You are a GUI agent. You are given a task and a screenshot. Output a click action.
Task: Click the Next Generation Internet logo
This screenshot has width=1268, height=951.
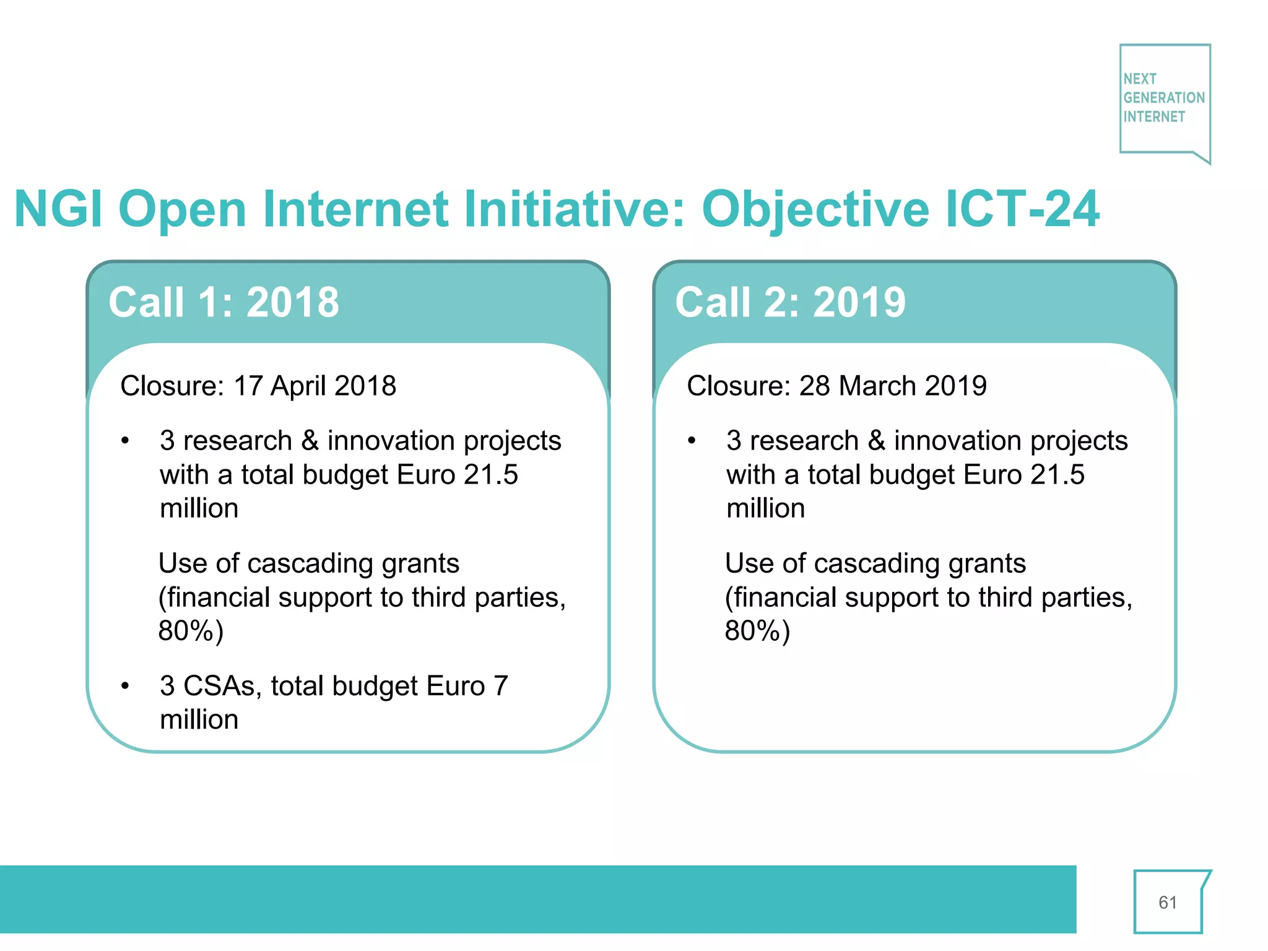pos(1164,99)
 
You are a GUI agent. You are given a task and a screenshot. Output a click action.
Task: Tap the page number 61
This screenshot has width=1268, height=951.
pos(1167,902)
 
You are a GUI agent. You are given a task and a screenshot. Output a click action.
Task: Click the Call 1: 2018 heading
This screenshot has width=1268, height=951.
pos(224,303)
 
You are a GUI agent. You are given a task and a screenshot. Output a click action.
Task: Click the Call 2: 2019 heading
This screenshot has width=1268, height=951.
pos(790,303)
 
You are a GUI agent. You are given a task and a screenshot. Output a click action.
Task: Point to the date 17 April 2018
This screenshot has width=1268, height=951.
pos(315,386)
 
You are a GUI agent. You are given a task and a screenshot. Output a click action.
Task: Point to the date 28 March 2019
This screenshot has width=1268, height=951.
pos(892,386)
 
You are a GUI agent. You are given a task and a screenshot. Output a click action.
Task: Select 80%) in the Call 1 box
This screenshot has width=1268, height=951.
pos(191,632)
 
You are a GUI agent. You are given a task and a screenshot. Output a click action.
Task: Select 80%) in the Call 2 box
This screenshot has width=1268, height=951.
pos(757,632)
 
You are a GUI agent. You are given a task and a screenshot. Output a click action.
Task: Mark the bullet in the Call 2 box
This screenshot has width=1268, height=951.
pos(692,441)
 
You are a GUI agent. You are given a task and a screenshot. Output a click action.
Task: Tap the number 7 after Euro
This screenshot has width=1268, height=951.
pos(500,686)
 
